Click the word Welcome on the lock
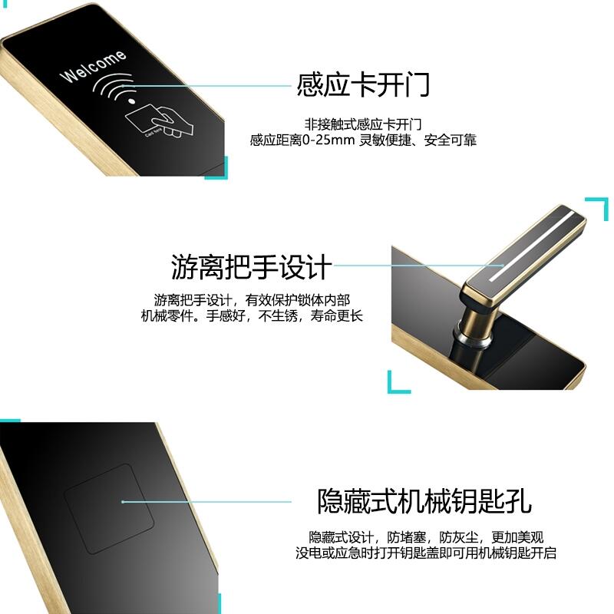pyautogui.click(x=93, y=67)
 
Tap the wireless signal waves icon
pyautogui.click(x=114, y=87)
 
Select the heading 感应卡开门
pyautogui.click(x=363, y=84)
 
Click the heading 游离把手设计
pyautogui.click(x=252, y=267)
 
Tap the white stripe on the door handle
pyautogui.click(x=533, y=246)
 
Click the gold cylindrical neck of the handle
pyautogui.click(x=474, y=322)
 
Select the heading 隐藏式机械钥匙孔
pyautogui.click(x=424, y=501)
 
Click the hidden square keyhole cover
pyautogui.click(x=109, y=509)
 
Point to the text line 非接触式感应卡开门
pyautogui.click(x=363, y=124)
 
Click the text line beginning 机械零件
pyautogui.click(x=252, y=315)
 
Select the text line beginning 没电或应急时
pyautogui.click(x=426, y=553)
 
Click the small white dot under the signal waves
pyautogui.click(x=131, y=101)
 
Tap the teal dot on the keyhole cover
pyautogui.click(x=123, y=502)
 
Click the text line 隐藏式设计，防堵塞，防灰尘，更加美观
pyautogui.click(x=426, y=537)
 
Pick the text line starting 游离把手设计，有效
pyautogui.click(x=252, y=300)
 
